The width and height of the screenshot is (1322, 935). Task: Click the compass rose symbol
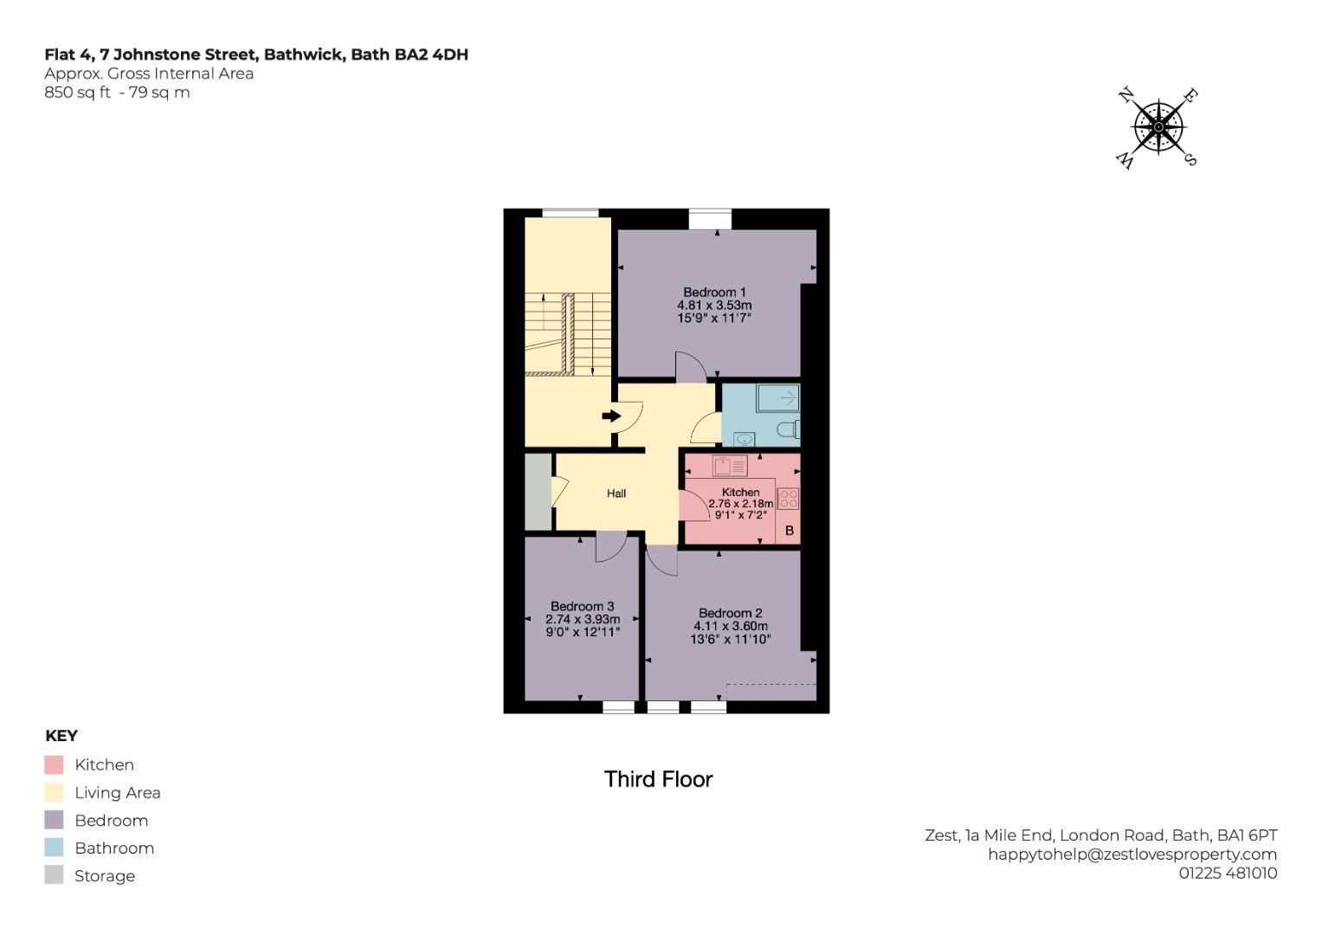point(1158,127)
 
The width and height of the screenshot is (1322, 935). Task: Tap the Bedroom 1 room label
point(714,293)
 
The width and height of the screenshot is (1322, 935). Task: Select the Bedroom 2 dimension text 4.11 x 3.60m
point(730,626)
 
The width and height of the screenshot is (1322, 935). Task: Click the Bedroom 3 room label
point(582,606)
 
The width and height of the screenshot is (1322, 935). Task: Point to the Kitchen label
point(740,492)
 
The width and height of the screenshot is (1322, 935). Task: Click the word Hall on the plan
point(616,493)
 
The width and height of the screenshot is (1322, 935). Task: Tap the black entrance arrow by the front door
point(611,416)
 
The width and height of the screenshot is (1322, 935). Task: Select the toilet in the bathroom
point(788,429)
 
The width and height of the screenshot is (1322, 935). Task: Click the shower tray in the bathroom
point(777,398)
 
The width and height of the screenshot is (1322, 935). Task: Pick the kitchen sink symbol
point(729,467)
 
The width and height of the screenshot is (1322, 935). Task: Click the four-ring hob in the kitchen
point(788,499)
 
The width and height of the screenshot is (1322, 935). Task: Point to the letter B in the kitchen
point(789,531)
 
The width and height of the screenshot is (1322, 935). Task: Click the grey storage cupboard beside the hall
point(538,492)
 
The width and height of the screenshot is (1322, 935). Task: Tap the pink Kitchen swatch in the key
point(54,765)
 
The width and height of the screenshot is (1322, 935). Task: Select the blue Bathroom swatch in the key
point(54,848)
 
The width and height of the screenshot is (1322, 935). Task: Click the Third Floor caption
point(658,779)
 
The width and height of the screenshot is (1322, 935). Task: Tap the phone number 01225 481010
point(1227,874)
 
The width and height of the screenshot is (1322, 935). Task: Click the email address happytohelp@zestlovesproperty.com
point(1132,854)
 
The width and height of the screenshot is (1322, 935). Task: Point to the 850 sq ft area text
point(77,93)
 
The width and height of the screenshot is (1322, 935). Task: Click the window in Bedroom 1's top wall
point(710,218)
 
